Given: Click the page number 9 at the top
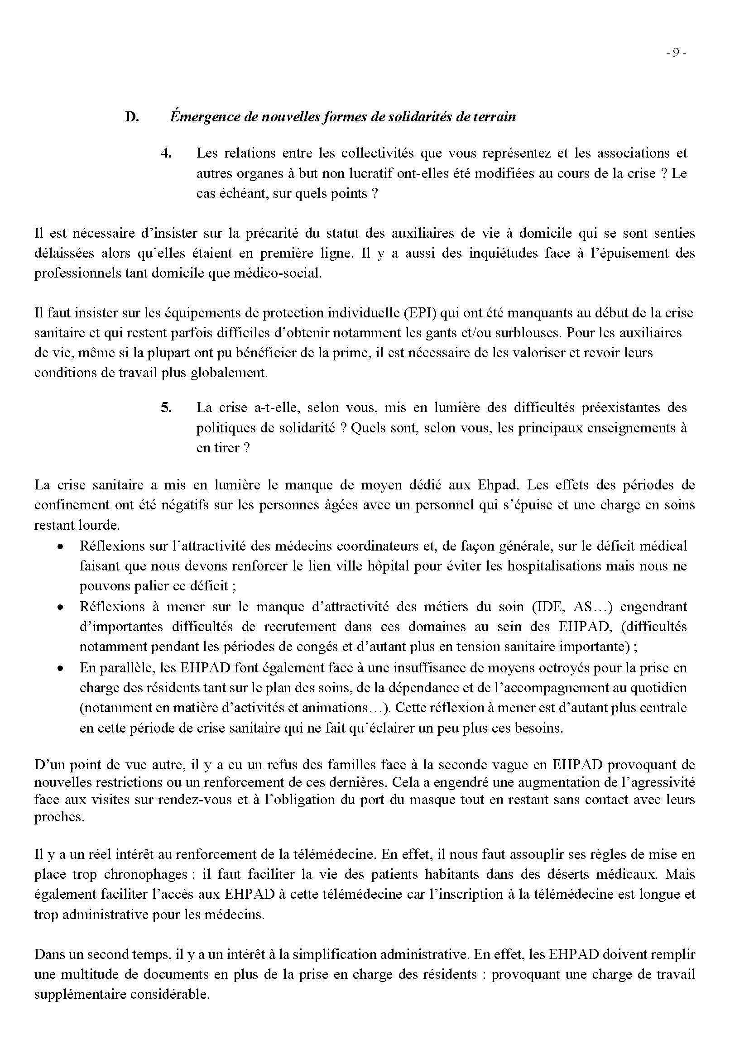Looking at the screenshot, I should pyautogui.click(x=676, y=53).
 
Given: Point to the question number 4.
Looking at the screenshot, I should pyautogui.click(x=166, y=153).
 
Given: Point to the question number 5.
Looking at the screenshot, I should pyautogui.click(x=166, y=408).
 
